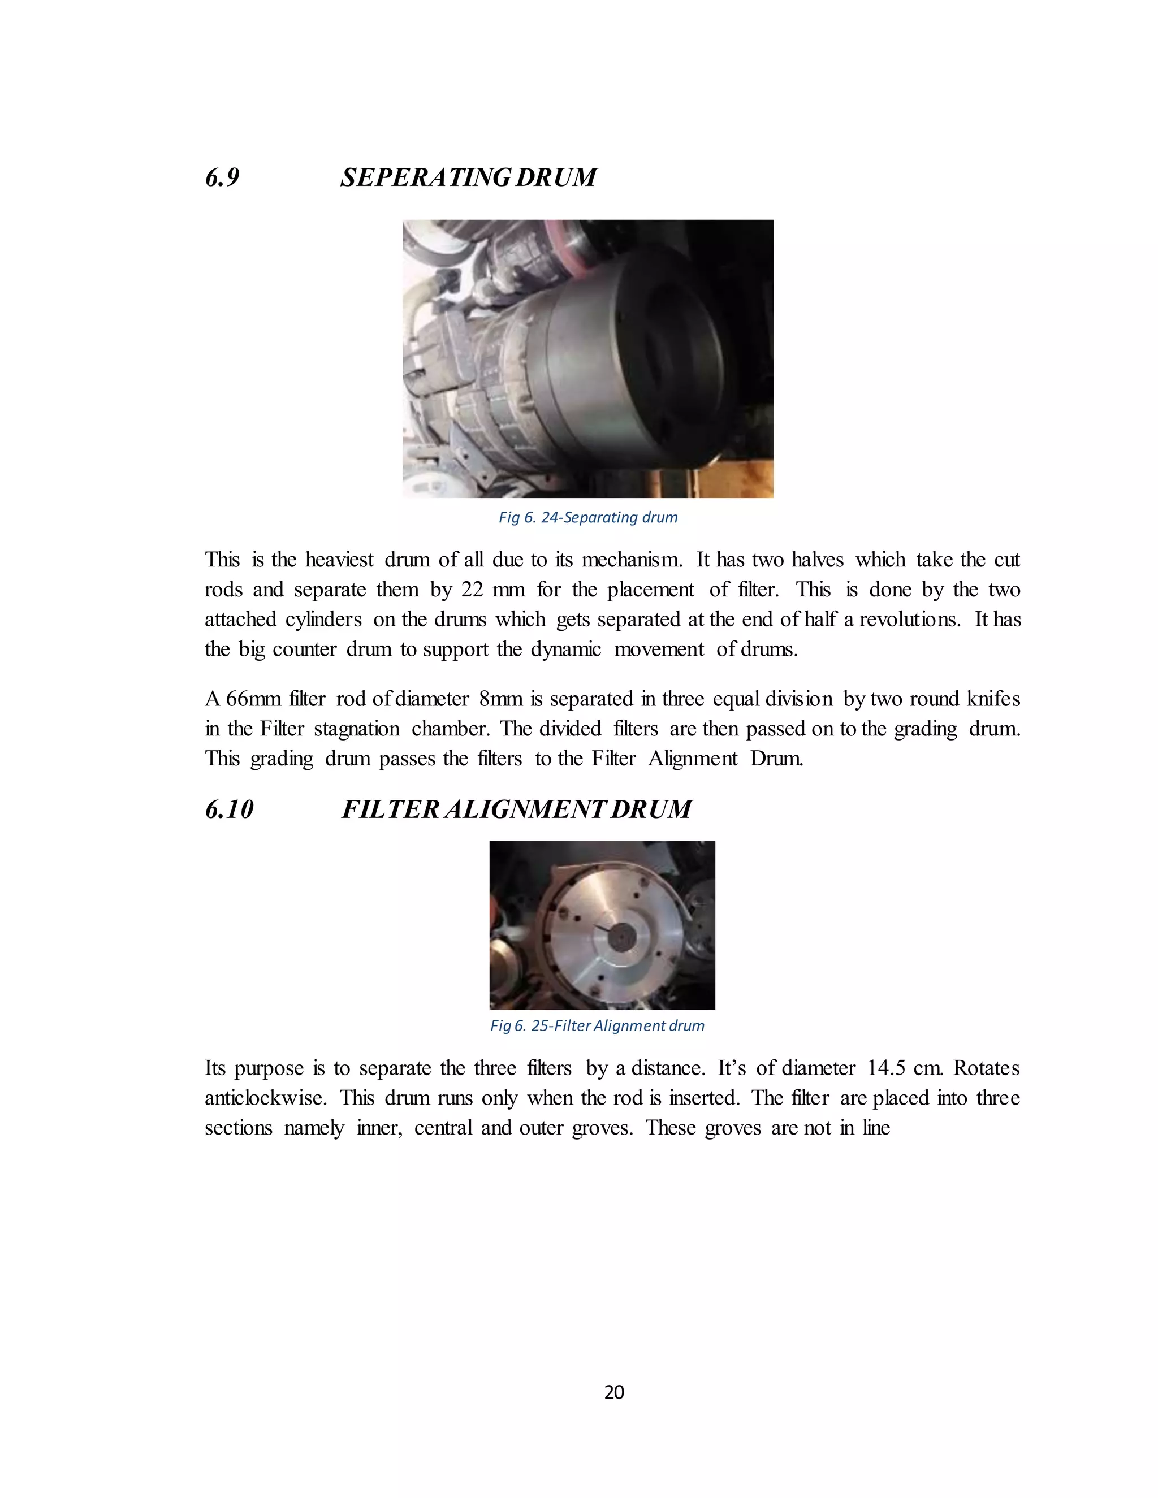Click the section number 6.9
pyautogui.click(x=222, y=177)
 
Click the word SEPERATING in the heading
pyautogui.click(x=425, y=177)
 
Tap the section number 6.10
pyautogui.click(x=229, y=809)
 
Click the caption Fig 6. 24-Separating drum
pyautogui.click(x=588, y=517)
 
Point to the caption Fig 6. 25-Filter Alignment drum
pyautogui.click(x=597, y=1025)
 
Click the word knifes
pyautogui.click(x=993, y=699)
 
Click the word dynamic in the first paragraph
pyautogui.click(x=566, y=650)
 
